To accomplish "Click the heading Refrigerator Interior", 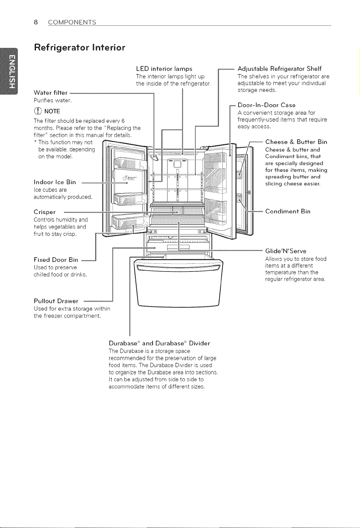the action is tap(80, 47).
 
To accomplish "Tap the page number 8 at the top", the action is tap(36, 22).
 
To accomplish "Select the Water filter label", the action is tap(51, 93).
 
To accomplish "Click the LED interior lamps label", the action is tap(164, 69).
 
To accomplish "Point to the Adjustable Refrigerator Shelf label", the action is tap(280, 69).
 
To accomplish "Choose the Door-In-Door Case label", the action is tap(267, 105).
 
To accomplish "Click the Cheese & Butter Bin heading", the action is tap(296, 142).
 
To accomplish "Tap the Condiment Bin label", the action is tap(288, 211).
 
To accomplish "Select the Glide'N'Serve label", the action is tap(286, 251).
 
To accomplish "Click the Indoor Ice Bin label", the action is tap(55, 182).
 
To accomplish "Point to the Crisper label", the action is tap(45, 212).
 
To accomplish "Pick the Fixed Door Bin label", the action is tap(56, 260).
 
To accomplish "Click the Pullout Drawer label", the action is tap(56, 301).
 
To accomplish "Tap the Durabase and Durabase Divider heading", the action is tap(159, 343).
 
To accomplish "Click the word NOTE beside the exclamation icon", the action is tap(52, 111).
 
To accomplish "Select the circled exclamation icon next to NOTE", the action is tap(38, 111).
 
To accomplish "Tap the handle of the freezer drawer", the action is tap(178, 268).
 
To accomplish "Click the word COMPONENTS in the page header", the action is tap(72, 22).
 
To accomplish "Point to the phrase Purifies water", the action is tap(52, 101).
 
